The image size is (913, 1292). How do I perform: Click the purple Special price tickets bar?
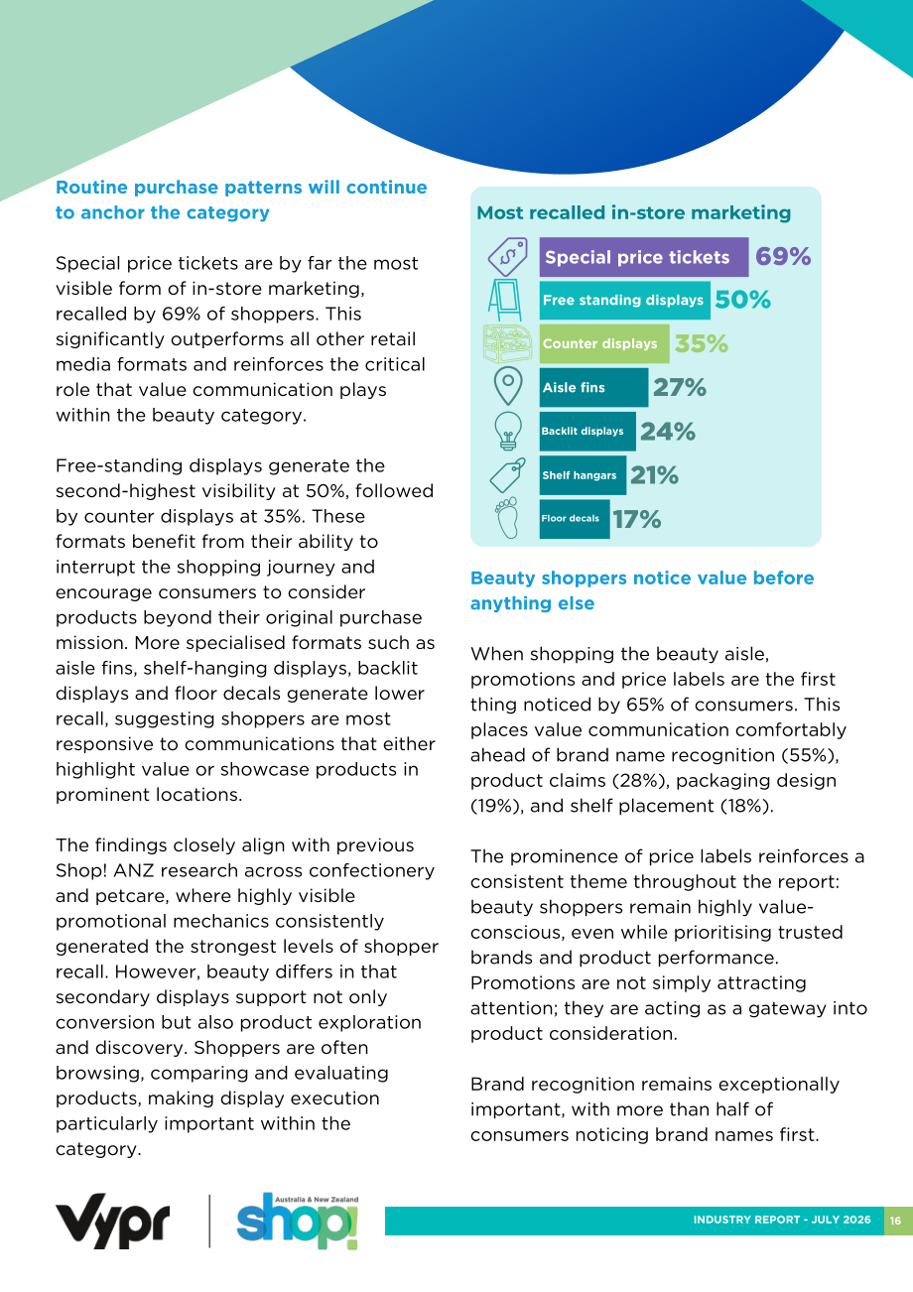644,257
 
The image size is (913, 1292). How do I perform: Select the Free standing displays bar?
624,300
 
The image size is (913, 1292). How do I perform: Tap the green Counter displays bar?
604,343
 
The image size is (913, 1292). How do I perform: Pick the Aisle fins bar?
593,388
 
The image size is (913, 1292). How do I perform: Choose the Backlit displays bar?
587,431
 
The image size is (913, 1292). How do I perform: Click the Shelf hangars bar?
583,475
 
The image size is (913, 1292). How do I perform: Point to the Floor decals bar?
575,519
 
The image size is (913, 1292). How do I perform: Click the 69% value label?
783,256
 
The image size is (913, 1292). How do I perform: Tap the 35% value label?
702,343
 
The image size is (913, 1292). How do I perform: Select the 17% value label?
637,519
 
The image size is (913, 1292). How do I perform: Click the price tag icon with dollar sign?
507,257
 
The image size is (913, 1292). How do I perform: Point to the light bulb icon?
508,431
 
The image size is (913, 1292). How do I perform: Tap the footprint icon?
506,518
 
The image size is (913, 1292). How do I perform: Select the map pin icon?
508,386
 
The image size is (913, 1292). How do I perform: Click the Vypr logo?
112,1221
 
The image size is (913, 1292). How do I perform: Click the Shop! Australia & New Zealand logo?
298,1221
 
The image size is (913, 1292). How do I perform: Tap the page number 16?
895,1221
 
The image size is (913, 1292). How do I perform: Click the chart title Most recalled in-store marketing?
634,212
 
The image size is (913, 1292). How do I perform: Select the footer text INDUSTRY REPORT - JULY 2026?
781,1220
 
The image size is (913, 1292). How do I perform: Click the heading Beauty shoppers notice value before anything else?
642,590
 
